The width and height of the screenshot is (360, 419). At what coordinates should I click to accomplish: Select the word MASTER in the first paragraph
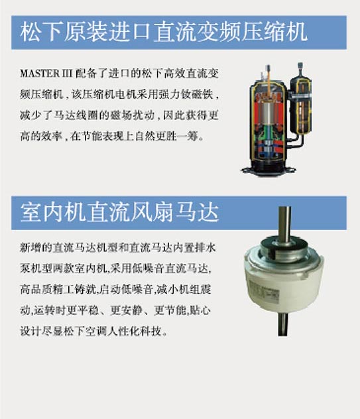(40, 74)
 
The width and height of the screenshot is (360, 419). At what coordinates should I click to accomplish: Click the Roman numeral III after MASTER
(67, 74)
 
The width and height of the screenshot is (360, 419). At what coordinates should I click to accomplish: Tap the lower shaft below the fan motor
(283, 324)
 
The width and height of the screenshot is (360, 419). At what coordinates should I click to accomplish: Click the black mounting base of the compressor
(269, 170)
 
